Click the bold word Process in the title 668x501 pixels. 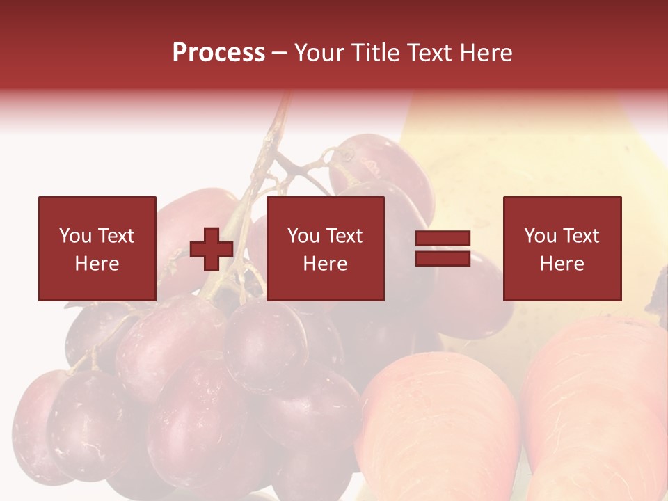(x=218, y=53)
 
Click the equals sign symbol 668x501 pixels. (x=443, y=248)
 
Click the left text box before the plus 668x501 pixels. (x=97, y=248)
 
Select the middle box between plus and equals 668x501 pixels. (x=325, y=248)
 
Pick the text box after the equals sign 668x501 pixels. (x=562, y=248)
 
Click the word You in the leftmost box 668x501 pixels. (x=74, y=236)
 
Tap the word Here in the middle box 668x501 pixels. (x=325, y=264)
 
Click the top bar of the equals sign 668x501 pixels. (x=443, y=239)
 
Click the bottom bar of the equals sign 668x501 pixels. (x=443, y=259)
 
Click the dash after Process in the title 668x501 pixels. (x=279, y=54)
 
